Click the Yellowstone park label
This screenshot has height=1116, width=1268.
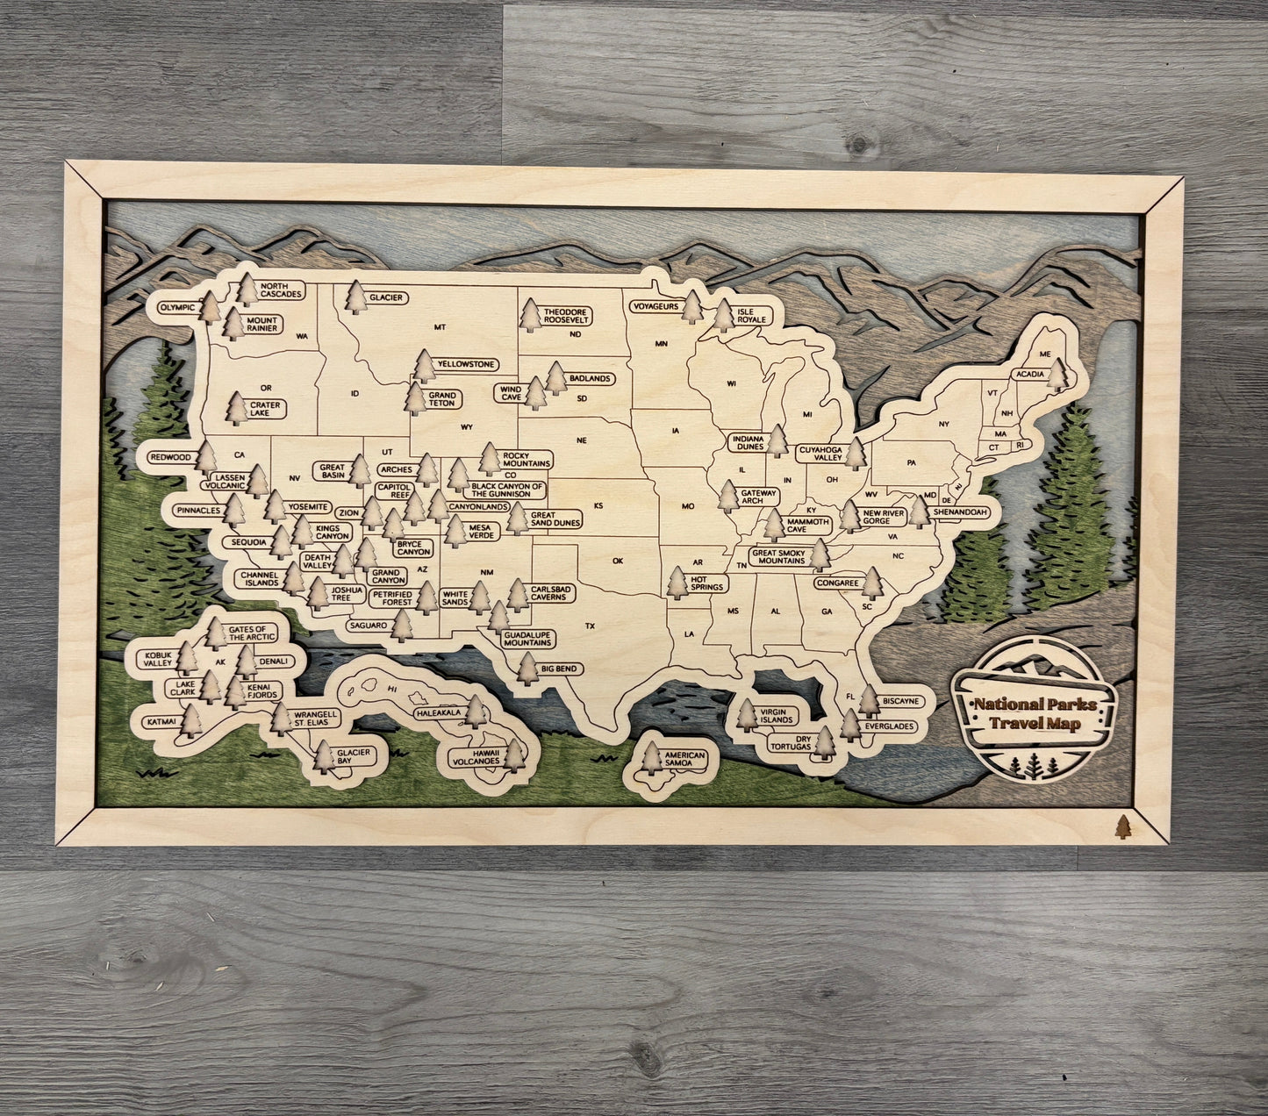[467, 364]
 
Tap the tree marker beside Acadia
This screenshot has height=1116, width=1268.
[1058, 375]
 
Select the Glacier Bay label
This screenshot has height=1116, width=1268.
[356, 756]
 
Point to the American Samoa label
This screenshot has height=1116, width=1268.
[684, 759]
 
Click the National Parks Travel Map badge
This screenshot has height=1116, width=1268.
[1035, 712]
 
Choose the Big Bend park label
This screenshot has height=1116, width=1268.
[559, 669]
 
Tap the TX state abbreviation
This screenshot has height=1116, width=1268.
[591, 626]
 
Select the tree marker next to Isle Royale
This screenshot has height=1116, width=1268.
[723, 314]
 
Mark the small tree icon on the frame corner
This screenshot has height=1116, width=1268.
[1121, 826]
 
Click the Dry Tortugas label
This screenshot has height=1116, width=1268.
[792, 741]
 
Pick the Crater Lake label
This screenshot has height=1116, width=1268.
[265, 409]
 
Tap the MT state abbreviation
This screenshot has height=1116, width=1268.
[440, 327]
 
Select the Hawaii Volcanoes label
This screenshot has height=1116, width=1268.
[476, 756]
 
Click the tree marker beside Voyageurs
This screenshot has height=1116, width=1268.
[692, 307]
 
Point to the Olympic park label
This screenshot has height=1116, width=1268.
[176, 308]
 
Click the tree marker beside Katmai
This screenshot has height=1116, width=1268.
[190, 721]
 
